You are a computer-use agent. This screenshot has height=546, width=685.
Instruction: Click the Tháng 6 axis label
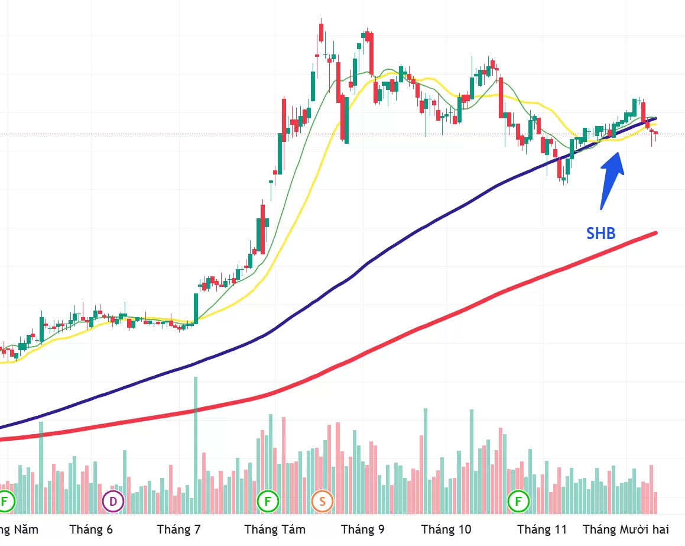tap(91, 529)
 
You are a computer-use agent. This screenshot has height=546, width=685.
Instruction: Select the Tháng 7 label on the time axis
tap(179, 529)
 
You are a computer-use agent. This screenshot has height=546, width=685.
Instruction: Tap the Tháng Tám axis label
tap(275, 529)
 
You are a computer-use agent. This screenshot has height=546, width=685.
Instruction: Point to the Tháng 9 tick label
tap(362, 529)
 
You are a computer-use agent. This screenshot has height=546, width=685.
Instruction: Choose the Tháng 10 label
tap(446, 529)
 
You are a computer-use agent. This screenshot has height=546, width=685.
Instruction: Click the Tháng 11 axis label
tap(541, 529)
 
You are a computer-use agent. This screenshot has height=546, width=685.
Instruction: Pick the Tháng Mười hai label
tap(626, 529)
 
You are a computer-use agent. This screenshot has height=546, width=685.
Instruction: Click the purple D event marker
tap(113, 502)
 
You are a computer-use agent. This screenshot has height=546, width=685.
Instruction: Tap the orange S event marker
tap(322, 502)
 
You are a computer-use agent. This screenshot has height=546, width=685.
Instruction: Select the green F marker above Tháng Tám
tap(267, 502)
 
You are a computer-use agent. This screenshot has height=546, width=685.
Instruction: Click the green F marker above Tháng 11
tap(519, 502)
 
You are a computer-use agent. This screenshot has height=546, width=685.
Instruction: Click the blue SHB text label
tap(600, 234)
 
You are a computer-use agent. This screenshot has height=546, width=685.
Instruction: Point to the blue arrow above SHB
tap(611, 177)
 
